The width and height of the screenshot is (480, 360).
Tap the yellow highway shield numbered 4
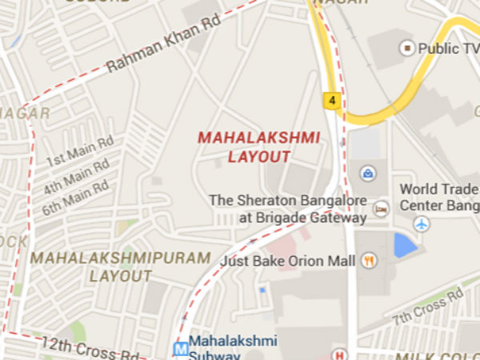tap(332, 101)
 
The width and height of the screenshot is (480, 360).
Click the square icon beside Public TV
tap(406, 49)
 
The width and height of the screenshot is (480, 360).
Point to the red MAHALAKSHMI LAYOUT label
tap(258, 146)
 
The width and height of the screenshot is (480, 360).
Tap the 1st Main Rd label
tap(79, 151)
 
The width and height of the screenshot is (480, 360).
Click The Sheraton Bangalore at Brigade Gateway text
tap(288, 208)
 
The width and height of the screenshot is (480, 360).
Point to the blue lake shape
tap(406, 244)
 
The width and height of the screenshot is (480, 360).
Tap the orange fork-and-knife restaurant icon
tap(369, 259)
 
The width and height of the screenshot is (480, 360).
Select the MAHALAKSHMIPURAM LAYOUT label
tap(120, 267)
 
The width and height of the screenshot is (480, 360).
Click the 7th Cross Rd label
tap(428, 307)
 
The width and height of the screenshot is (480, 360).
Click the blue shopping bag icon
tap(367, 174)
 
